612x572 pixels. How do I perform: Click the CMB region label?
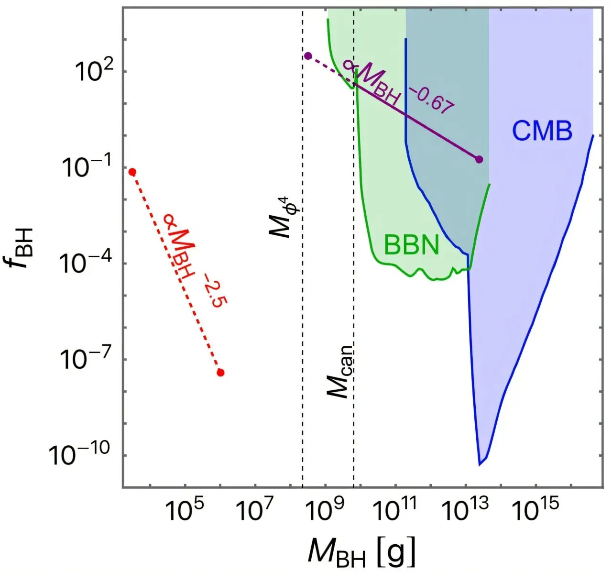click(x=542, y=131)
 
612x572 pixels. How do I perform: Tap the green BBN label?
click(x=411, y=245)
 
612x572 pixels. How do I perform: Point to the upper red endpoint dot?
click(x=132, y=172)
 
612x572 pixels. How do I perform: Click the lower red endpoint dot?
click(x=220, y=373)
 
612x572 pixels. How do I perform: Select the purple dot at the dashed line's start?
click(x=308, y=56)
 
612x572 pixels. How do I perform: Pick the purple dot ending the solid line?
click(x=479, y=159)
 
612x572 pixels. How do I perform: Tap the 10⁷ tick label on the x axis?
click(x=254, y=512)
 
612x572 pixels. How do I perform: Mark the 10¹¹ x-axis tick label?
click(x=395, y=512)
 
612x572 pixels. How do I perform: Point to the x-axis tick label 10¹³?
click(x=466, y=512)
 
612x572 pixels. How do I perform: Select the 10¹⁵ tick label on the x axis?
click(x=536, y=512)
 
